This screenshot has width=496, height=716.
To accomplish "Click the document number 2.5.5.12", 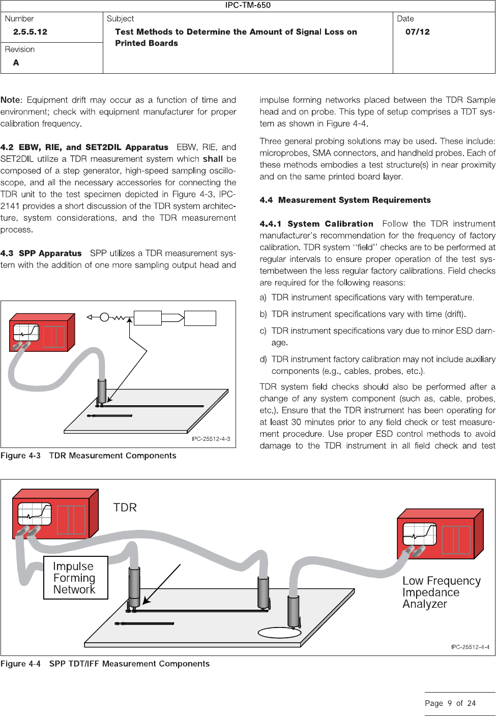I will (30, 32).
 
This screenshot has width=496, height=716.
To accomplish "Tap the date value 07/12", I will (417, 32).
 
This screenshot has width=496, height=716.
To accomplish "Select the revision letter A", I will (16, 63).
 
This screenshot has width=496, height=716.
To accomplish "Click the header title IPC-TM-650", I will (248, 5).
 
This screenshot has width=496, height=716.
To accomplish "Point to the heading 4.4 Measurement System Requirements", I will (345, 200).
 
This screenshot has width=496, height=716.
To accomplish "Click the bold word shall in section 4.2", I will (213, 159).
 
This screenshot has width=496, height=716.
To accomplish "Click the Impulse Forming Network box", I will (75, 578).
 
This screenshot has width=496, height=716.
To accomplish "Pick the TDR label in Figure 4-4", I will (125, 508).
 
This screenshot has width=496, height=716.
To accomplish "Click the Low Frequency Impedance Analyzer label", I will (441, 592).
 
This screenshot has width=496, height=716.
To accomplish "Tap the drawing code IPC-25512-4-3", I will (211, 439).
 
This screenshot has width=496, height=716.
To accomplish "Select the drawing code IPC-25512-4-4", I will (470, 647).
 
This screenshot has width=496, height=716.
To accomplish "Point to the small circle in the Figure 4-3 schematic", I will (104, 317).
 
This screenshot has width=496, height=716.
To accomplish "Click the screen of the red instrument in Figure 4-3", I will (26, 332).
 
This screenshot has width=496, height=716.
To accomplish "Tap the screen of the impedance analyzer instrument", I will (419, 534).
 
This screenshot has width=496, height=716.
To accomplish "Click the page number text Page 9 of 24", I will (450, 703).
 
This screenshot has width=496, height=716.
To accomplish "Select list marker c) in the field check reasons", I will (263, 331).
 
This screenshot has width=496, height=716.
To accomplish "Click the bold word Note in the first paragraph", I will (11, 100).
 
